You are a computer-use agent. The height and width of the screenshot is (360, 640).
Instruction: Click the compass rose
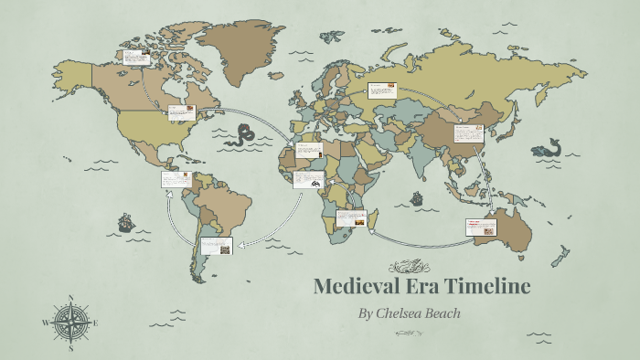[x=70, y=323]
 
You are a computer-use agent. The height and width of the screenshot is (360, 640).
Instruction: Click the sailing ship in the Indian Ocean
[x=417, y=197]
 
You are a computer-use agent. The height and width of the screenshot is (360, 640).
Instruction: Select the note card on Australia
[x=480, y=227]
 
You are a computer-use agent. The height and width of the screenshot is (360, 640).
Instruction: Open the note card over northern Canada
[x=136, y=58]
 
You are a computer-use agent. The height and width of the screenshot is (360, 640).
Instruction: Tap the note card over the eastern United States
[x=181, y=113]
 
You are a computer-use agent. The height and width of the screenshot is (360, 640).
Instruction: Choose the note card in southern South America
[x=217, y=245]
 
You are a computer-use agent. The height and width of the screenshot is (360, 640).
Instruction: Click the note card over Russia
[x=381, y=90]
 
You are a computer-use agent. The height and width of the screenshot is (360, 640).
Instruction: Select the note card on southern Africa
[x=351, y=217]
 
